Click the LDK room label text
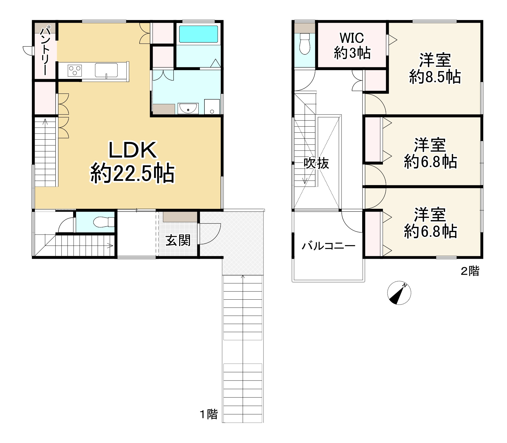(x=132, y=150)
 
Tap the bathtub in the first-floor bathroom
(x=198, y=34)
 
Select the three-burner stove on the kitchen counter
(x=75, y=70)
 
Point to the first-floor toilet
(x=104, y=222)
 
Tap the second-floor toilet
(x=304, y=44)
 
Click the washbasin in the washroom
(x=188, y=109)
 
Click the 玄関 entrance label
(x=178, y=240)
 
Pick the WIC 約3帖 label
(x=352, y=45)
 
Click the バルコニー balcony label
(x=328, y=246)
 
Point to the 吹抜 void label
(x=316, y=163)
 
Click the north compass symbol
(x=399, y=293)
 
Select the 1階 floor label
(x=209, y=414)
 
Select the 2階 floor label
(x=470, y=271)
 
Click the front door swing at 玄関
(x=209, y=234)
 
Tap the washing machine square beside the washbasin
(x=212, y=107)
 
